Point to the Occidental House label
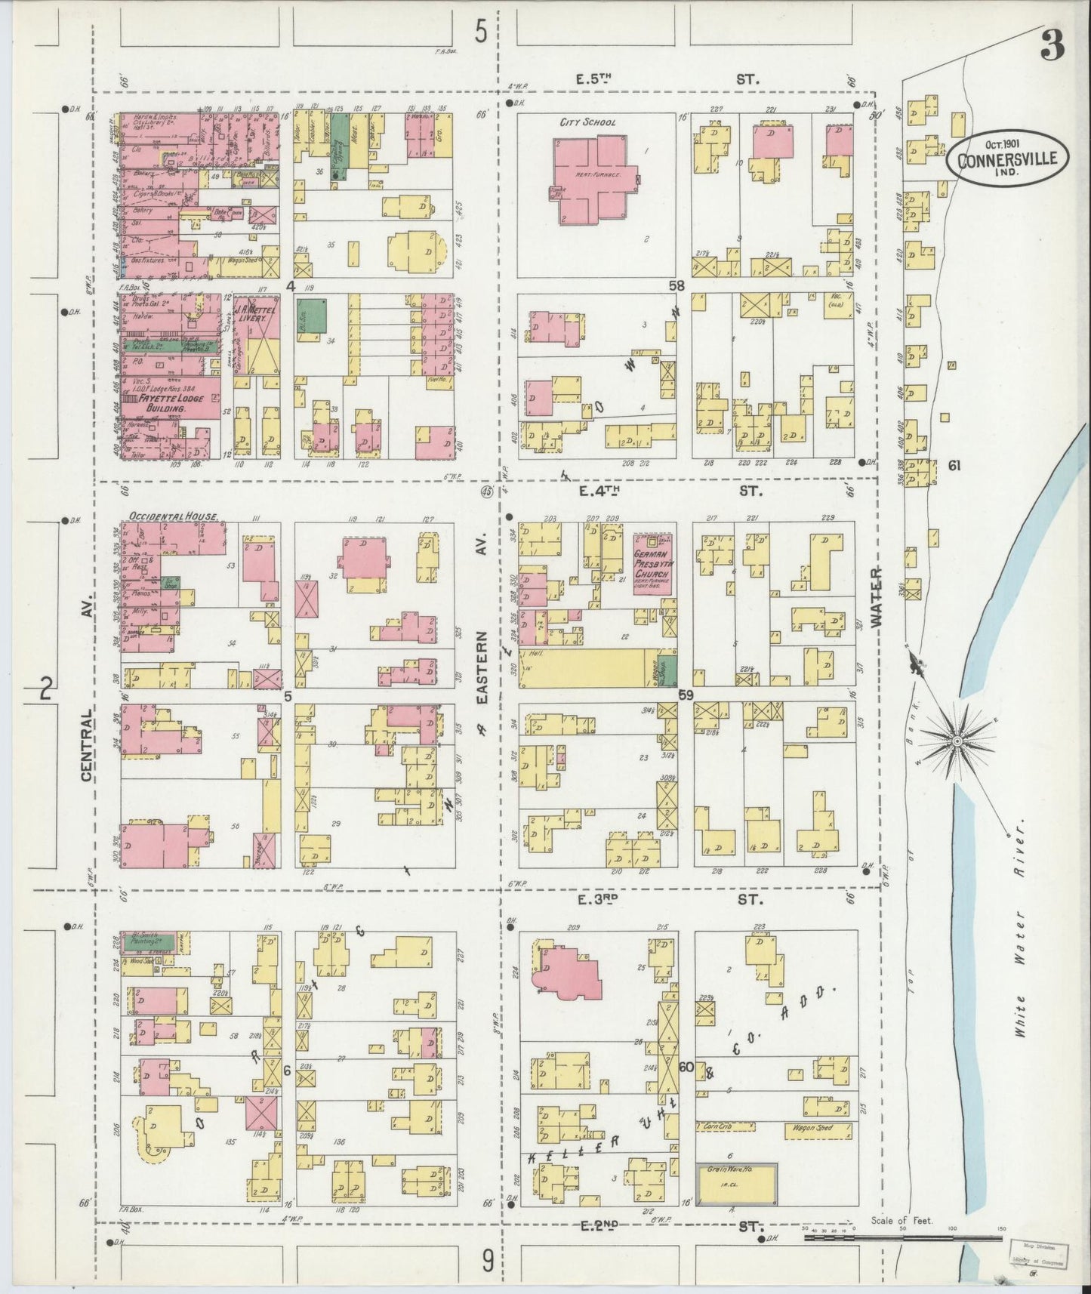coord(174,516)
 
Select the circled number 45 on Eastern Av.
coord(486,491)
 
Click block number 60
coord(686,1068)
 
